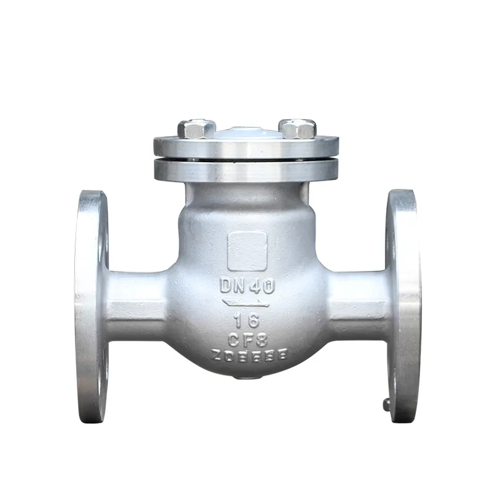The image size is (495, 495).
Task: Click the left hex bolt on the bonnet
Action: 196,129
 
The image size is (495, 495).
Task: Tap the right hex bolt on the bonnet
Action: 298,129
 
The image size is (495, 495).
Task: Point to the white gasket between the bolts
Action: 247,131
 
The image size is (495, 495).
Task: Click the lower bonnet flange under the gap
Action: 246,171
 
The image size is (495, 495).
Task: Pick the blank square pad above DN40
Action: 247,251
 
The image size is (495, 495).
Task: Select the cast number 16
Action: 247,321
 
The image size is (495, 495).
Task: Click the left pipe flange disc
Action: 91,306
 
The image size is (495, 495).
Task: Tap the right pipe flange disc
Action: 402,306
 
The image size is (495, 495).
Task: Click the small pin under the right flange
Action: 386,405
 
